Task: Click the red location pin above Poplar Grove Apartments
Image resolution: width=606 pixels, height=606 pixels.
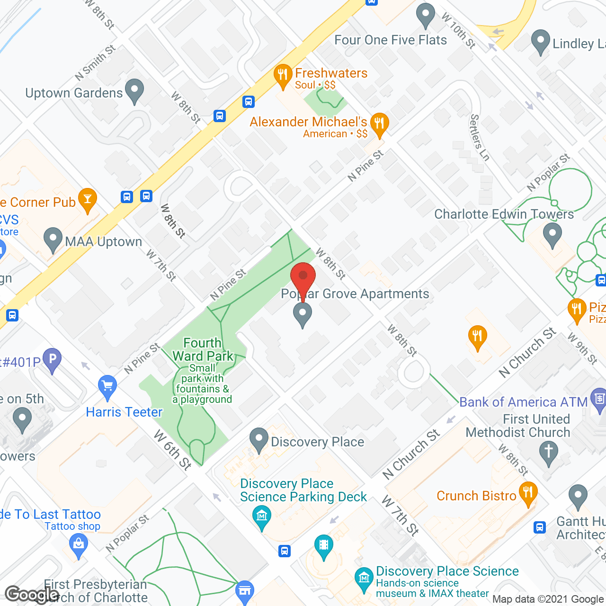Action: (x=303, y=277)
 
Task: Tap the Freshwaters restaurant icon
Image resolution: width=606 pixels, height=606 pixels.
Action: (x=283, y=75)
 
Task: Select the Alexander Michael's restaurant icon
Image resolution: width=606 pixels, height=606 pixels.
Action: (x=379, y=124)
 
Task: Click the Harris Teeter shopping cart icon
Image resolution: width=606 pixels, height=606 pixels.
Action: (x=108, y=386)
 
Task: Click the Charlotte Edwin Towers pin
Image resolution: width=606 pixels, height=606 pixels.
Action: (x=552, y=234)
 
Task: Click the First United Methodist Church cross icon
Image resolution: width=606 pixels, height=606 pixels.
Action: (x=549, y=451)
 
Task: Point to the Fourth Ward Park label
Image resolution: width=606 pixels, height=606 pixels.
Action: (x=203, y=349)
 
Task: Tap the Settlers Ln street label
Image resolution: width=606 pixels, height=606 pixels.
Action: (x=479, y=137)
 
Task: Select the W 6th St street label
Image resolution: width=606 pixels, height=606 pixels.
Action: (x=173, y=450)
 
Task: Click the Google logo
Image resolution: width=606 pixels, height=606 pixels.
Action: (x=32, y=595)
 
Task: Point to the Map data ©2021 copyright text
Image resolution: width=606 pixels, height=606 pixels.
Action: (x=548, y=599)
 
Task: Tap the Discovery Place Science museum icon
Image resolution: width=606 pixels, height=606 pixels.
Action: (x=364, y=578)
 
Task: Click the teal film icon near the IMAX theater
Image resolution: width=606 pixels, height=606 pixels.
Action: (x=324, y=545)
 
